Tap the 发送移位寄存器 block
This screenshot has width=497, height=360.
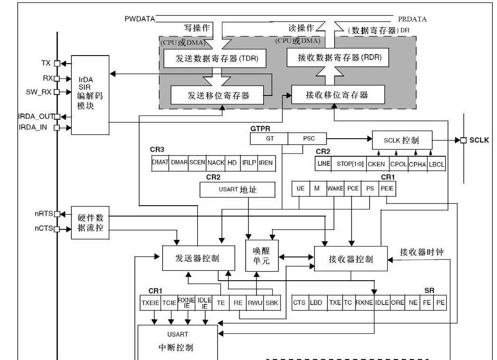218,95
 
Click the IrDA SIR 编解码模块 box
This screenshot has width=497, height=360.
90,95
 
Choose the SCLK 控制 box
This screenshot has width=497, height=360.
402,141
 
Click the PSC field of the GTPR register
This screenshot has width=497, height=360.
308,139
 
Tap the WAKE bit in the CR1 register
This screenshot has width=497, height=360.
335,189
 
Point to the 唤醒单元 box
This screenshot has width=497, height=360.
261,256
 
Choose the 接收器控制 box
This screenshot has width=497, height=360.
351,259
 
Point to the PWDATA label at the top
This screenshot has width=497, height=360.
139,19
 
